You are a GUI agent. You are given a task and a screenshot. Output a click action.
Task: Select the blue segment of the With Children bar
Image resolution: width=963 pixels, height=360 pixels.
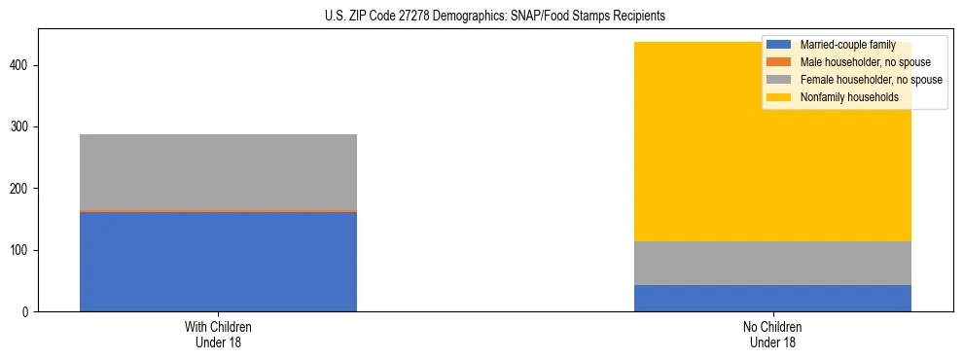click(x=218, y=261)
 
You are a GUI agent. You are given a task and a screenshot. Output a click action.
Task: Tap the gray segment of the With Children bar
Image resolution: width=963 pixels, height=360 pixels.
click(x=218, y=171)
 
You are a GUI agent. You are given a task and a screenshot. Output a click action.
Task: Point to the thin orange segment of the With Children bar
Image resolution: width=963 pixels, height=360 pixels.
click(x=218, y=210)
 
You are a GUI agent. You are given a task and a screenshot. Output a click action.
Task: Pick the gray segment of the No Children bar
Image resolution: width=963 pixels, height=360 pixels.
click(x=772, y=263)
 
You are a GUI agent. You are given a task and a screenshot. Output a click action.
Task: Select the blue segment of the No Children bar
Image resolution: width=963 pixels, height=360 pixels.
click(x=772, y=298)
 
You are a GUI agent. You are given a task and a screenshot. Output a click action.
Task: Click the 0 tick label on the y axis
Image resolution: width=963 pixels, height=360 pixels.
click(x=28, y=311)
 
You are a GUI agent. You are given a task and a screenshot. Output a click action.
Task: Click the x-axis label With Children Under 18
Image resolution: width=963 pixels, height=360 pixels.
click(x=218, y=334)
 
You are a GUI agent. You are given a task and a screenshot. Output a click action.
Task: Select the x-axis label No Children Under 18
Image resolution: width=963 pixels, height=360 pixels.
click(x=772, y=334)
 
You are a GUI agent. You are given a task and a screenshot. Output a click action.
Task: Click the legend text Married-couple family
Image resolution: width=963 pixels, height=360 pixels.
click(x=847, y=45)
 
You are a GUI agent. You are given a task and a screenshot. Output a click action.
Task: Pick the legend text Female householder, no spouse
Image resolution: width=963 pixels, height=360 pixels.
click(x=871, y=80)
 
